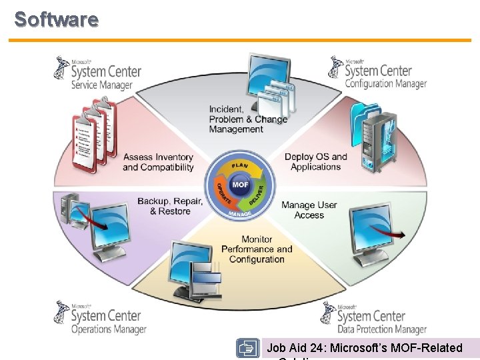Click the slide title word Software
point(57,19)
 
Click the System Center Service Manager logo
point(97,73)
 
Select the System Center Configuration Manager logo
point(377,73)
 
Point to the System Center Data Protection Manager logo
point(373,318)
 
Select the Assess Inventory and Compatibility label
point(158,162)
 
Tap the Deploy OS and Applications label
point(316,162)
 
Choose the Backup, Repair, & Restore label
point(170,206)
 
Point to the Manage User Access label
point(309,210)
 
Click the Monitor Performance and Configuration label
point(257,249)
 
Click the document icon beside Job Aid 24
point(247,349)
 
